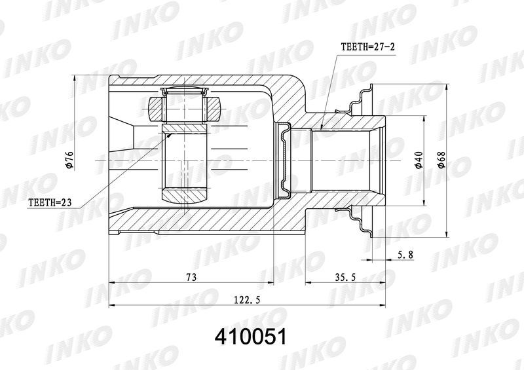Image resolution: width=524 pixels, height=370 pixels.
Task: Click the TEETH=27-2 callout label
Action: (367, 46)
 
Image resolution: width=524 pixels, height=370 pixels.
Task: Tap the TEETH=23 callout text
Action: (50, 202)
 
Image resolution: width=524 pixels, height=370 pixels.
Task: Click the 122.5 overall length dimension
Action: (248, 300)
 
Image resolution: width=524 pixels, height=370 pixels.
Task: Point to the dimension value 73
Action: (191, 277)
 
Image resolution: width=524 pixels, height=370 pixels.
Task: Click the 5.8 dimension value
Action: (405, 255)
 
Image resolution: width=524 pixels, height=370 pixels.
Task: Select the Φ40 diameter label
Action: (419, 160)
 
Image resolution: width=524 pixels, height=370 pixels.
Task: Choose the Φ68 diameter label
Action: (441, 160)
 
